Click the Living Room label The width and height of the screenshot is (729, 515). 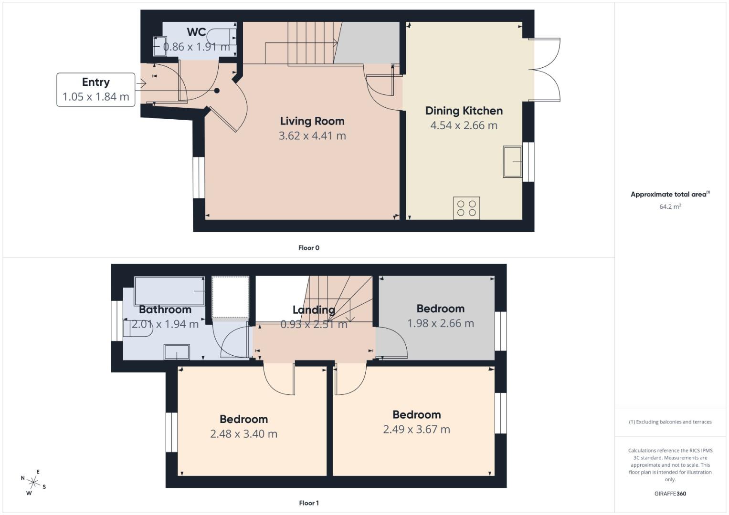click(x=312, y=121)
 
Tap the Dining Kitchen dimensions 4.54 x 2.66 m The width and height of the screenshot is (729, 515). click(x=464, y=125)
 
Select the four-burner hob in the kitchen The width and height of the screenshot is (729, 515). click(x=466, y=208)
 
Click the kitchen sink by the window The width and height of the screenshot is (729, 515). click(x=512, y=162)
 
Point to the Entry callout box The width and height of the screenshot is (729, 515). click(x=96, y=90)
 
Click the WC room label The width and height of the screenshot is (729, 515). click(x=196, y=32)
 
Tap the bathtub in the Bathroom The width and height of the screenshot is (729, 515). click(x=169, y=291)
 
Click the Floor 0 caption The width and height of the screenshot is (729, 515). click(x=308, y=248)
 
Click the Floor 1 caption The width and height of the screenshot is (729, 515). click(x=308, y=503)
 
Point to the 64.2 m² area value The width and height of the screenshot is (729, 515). click(x=670, y=206)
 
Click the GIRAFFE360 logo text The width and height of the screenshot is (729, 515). click(x=670, y=494)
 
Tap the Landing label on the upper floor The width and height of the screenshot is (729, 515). click(x=314, y=310)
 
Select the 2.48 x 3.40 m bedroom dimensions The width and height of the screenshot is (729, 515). click(x=243, y=434)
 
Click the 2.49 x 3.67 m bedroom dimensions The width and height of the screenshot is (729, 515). click(x=416, y=429)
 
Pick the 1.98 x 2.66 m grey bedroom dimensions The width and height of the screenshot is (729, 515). click(x=440, y=323)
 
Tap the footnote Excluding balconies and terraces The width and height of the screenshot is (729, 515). click(x=670, y=422)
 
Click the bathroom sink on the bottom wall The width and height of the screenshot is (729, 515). click(x=177, y=352)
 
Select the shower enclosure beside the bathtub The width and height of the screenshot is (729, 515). click(x=230, y=297)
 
